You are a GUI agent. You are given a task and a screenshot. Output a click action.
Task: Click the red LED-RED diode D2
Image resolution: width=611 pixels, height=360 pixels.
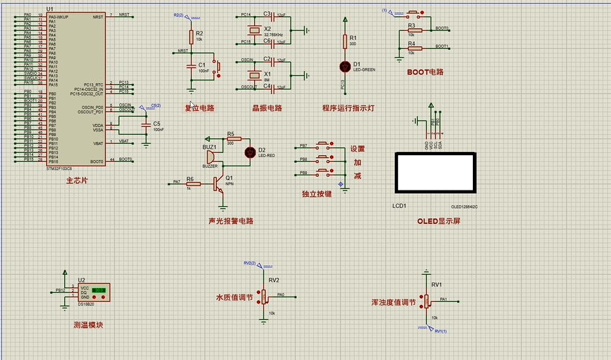point(249,153)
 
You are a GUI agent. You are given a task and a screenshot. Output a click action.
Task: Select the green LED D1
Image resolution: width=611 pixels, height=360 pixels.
point(345,66)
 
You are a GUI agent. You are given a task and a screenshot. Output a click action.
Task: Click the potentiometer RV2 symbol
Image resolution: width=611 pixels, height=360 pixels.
point(265,296)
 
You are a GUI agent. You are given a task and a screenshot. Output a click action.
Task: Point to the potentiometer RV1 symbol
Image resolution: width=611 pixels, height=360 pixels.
point(426,301)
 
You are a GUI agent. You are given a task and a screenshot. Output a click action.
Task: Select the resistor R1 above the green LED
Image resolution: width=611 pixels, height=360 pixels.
point(345,41)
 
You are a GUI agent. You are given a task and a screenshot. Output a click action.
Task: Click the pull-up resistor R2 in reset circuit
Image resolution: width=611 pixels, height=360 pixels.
point(191,36)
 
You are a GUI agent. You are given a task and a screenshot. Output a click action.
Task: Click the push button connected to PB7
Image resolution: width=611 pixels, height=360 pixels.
point(323,145)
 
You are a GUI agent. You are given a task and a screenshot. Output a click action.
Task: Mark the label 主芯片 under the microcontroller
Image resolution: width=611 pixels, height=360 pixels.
point(77,180)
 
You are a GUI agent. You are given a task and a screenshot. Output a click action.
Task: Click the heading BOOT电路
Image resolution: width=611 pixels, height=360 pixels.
point(425,72)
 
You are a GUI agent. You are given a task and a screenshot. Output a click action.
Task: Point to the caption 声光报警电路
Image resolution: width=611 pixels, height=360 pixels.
point(231,221)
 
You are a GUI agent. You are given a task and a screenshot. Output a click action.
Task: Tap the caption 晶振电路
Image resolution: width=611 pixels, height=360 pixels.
point(267,109)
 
